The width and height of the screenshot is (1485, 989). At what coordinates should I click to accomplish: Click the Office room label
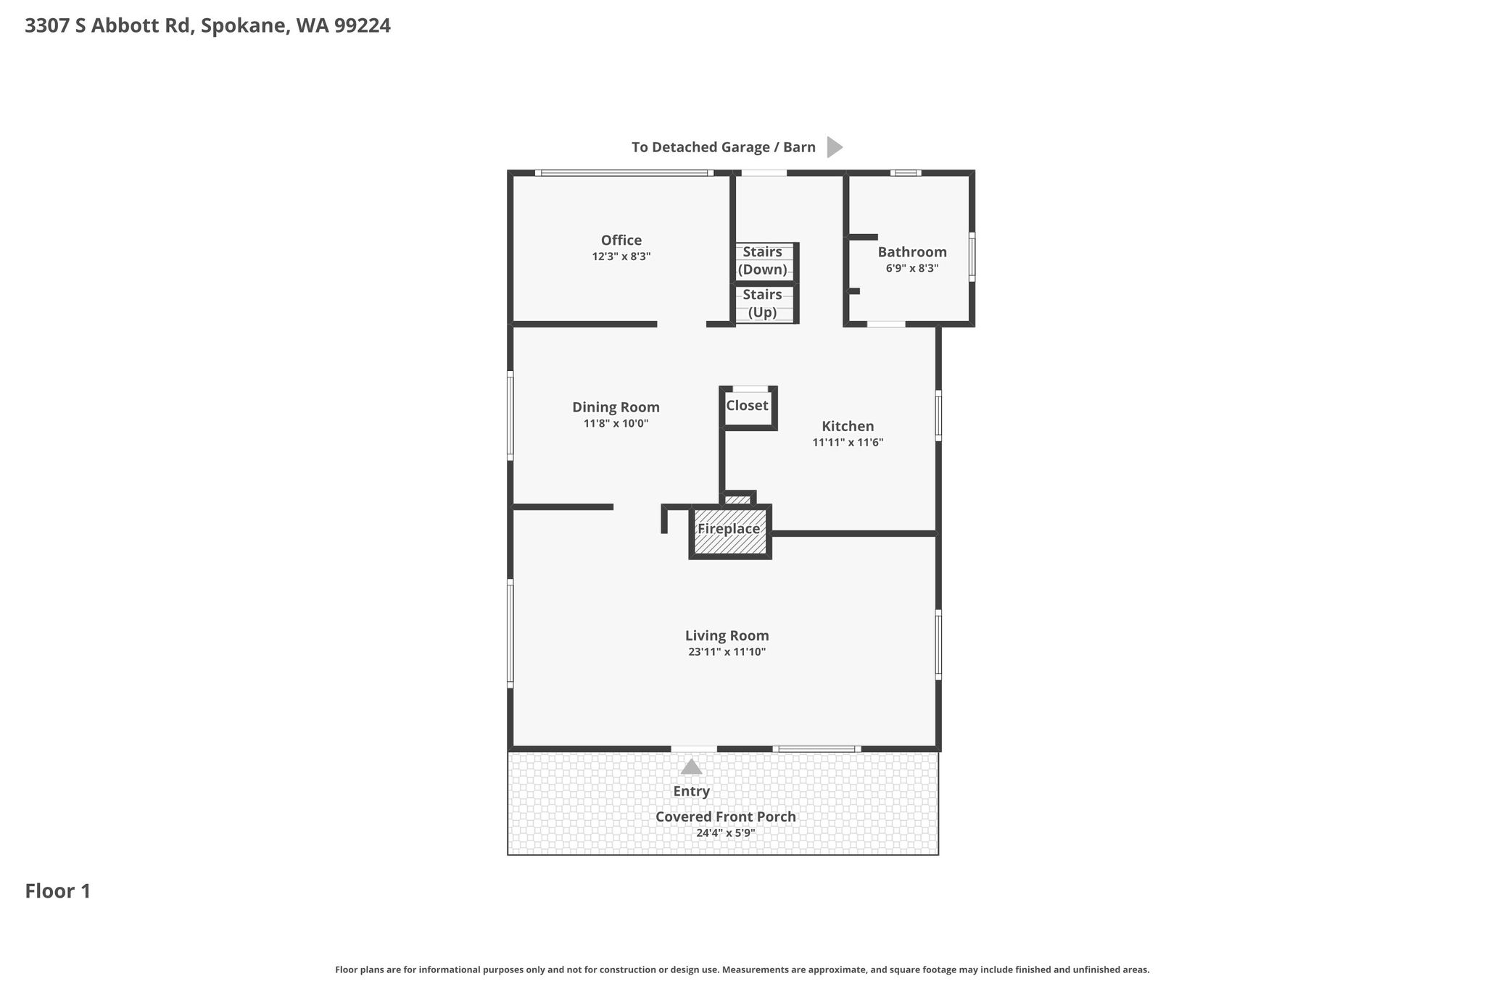pyautogui.click(x=621, y=240)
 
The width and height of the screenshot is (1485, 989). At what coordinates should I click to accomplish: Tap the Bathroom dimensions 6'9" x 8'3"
pyautogui.click(x=912, y=268)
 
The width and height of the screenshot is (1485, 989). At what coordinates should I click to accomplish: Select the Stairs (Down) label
pyautogui.click(x=762, y=261)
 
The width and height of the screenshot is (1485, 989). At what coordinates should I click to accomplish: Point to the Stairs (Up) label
pyautogui.click(x=762, y=304)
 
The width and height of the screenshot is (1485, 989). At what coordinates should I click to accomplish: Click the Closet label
pyautogui.click(x=747, y=405)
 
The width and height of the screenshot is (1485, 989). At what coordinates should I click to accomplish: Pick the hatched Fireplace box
pyautogui.click(x=729, y=532)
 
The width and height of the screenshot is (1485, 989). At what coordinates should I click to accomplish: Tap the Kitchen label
pyautogui.click(x=848, y=426)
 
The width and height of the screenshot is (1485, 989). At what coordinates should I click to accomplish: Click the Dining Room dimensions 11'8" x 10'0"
pyautogui.click(x=616, y=424)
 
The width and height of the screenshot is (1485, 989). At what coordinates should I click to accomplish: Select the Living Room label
pyautogui.click(x=727, y=635)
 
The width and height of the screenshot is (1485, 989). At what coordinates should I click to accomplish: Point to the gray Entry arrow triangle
pyautogui.click(x=692, y=767)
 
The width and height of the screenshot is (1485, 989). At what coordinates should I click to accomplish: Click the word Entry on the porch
pyautogui.click(x=692, y=791)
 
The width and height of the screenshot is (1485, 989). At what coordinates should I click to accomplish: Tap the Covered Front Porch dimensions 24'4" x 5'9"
pyautogui.click(x=726, y=833)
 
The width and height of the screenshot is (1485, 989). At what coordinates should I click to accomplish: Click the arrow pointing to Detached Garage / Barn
pyautogui.click(x=835, y=147)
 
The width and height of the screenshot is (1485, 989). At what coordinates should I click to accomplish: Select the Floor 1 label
pyautogui.click(x=58, y=891)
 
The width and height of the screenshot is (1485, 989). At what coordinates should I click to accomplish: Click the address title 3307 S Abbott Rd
pyautogui.click(x=109, y=26)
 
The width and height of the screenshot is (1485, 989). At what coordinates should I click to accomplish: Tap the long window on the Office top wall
pyautogui.click(x=624, y=173)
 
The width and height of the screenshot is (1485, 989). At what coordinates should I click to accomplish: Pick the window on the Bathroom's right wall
pyautogui.click(x=972, y=256)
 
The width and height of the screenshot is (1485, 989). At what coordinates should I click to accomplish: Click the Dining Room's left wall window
pyautogui.click(x=510, y=416)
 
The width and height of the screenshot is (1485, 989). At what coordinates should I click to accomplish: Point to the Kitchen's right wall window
pyautogui.click(x=938, y=416)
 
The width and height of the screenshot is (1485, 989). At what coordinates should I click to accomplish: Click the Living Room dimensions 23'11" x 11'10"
pyautogui.click(x=727, y=652)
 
